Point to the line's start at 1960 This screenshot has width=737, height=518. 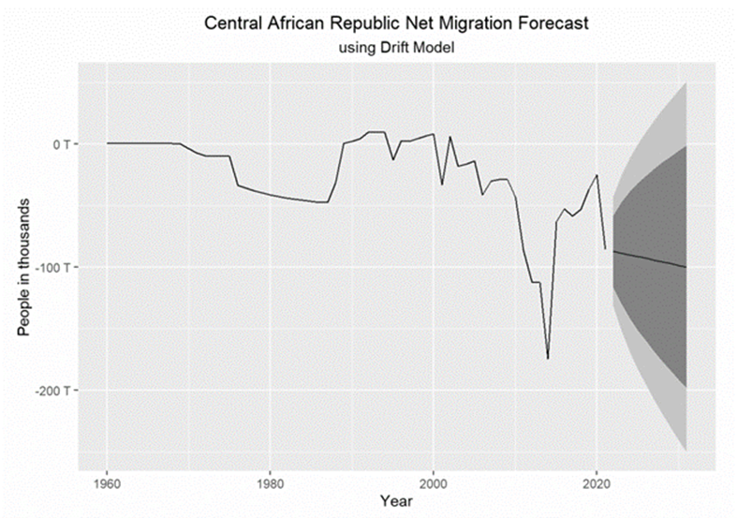(107, 143)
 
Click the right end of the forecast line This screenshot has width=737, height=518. (686, 267)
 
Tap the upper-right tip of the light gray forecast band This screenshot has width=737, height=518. (686, 84)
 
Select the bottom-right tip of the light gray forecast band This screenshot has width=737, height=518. (686, 451)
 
